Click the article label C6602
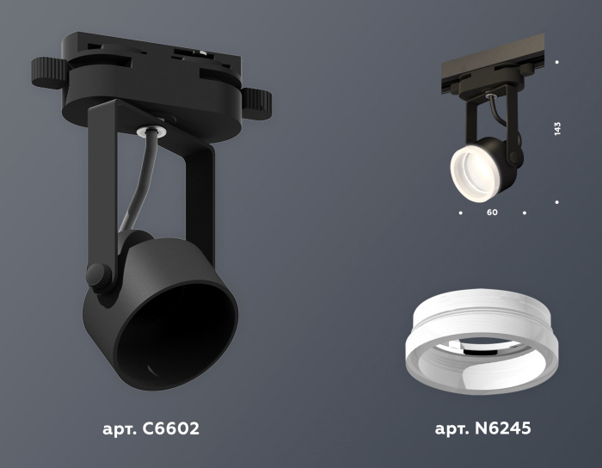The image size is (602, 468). tap(150, 428)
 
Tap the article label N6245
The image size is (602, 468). tap(483, 428)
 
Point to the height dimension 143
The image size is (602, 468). tap(557, 128)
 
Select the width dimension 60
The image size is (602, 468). tap(492, 212)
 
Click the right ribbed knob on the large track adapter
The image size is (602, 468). tap(256, 103)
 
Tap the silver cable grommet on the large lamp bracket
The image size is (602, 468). tap(150, 131)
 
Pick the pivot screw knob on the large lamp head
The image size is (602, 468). tap(99, 275)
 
